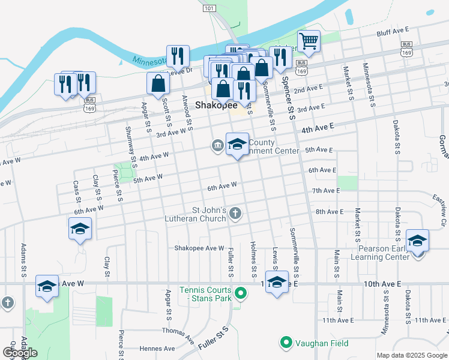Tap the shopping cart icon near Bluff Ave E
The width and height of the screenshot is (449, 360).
tap(309, 41)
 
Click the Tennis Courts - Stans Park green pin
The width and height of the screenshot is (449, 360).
tap(240, 293)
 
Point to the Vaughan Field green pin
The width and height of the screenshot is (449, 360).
tap(286, 343)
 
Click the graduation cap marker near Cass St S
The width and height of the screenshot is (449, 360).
tap(80, 229)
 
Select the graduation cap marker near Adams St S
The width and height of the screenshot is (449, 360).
tap(46, 286)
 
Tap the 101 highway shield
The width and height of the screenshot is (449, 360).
tap(209, 8)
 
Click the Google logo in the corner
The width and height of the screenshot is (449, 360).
tap(20, 353)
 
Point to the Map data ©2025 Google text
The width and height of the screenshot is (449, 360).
tap(411, 355)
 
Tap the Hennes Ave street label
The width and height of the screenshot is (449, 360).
tap(155, 348)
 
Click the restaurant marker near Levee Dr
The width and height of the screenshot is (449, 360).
tap(178, 56)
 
